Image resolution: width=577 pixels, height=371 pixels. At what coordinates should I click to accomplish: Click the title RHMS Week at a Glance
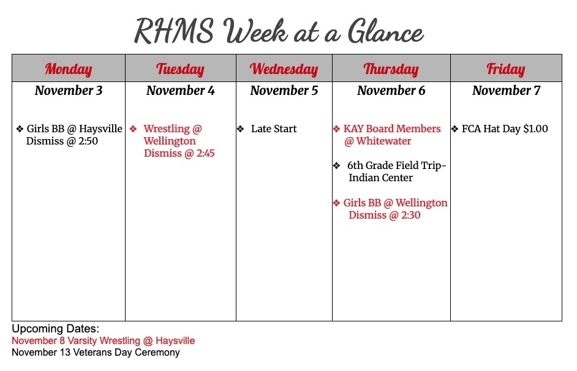point(279,31)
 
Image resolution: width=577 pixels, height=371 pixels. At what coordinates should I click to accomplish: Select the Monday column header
point(69,69)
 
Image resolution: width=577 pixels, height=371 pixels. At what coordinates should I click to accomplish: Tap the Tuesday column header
point(180,69)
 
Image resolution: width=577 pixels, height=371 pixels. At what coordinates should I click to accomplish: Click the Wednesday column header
point(284,69)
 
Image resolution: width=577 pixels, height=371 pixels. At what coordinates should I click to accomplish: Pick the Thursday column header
point(391,69)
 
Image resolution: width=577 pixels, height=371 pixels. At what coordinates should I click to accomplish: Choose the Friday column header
point(505,69)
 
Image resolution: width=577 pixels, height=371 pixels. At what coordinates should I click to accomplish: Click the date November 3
point(69,91)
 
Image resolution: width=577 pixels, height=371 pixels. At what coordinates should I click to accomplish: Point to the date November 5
point(284,91)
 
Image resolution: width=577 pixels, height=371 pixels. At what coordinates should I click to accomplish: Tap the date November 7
point(506,91)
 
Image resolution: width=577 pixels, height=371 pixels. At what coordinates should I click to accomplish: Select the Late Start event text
point(274,129)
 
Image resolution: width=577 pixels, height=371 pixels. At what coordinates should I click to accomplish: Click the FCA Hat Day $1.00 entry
point(505,129)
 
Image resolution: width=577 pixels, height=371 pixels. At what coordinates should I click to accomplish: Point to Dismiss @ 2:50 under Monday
point(62,141)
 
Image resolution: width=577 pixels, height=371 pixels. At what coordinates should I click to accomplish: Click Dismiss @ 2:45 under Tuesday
point(179,154)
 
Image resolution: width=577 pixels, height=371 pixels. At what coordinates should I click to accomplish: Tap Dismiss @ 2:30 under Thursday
point(384,215)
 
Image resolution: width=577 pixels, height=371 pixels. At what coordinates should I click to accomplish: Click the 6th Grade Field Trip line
point(396,165)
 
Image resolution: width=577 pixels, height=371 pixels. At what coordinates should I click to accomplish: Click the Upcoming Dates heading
point(55,329)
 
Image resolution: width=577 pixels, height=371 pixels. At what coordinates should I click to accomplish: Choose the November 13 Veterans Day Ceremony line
point(96,353)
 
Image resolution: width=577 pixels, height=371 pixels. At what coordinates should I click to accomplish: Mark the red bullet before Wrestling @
point(133,129)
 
